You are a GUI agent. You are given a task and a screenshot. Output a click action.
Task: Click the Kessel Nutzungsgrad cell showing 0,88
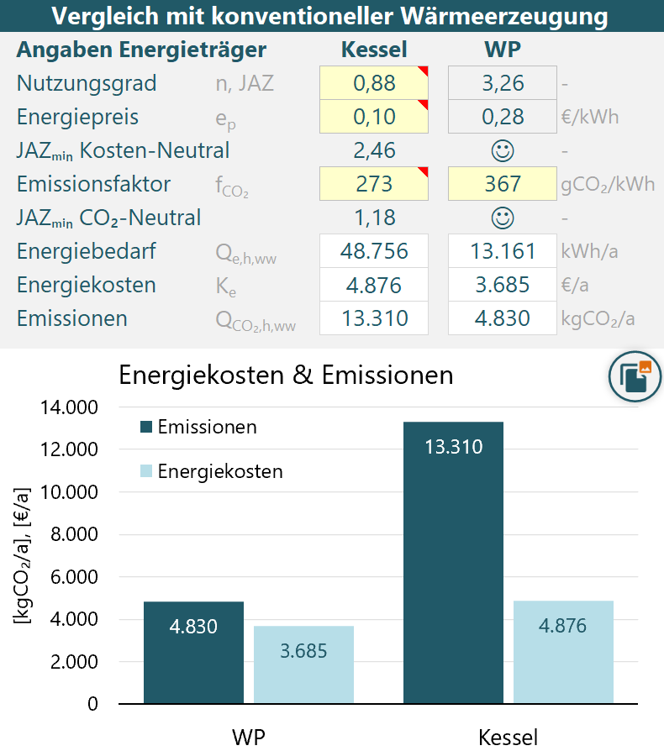point(374,83)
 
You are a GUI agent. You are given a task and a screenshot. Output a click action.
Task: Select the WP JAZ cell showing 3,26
point(502,83)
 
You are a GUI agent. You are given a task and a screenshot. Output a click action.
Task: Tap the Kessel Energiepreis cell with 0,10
point(374,117)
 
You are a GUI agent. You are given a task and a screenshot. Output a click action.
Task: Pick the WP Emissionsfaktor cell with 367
point(502,183)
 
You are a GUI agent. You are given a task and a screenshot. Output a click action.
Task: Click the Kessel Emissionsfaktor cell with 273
point(374,183)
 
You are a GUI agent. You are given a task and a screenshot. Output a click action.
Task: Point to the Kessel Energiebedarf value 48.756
point(374,251)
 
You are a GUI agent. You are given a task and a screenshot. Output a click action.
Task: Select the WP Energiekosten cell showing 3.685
point(502,285)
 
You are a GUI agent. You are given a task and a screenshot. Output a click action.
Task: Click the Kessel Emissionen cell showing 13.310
point(374,318)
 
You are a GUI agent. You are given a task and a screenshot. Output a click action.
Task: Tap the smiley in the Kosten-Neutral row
point(503,150)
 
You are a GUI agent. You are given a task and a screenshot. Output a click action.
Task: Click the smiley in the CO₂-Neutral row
point(503,218)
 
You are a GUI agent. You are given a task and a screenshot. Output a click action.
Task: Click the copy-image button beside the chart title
point(635,376)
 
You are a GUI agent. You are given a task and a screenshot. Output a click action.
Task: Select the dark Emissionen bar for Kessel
point(453,562)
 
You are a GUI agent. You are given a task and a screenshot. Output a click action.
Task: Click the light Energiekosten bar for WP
point(303,664)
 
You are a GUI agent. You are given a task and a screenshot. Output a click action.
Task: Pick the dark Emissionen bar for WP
point(193,653)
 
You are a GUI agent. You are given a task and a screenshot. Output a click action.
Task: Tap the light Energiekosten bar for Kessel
point(563,652)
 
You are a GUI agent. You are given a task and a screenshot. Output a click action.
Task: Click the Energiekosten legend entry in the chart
point(211,471)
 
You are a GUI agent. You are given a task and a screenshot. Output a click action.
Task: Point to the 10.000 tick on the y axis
point(69,492)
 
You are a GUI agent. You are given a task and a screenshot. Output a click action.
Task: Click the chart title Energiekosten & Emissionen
point(286,375)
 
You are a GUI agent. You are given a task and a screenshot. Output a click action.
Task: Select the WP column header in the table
point(503,50)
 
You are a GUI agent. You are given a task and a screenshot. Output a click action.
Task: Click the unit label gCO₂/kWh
point(608,185)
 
